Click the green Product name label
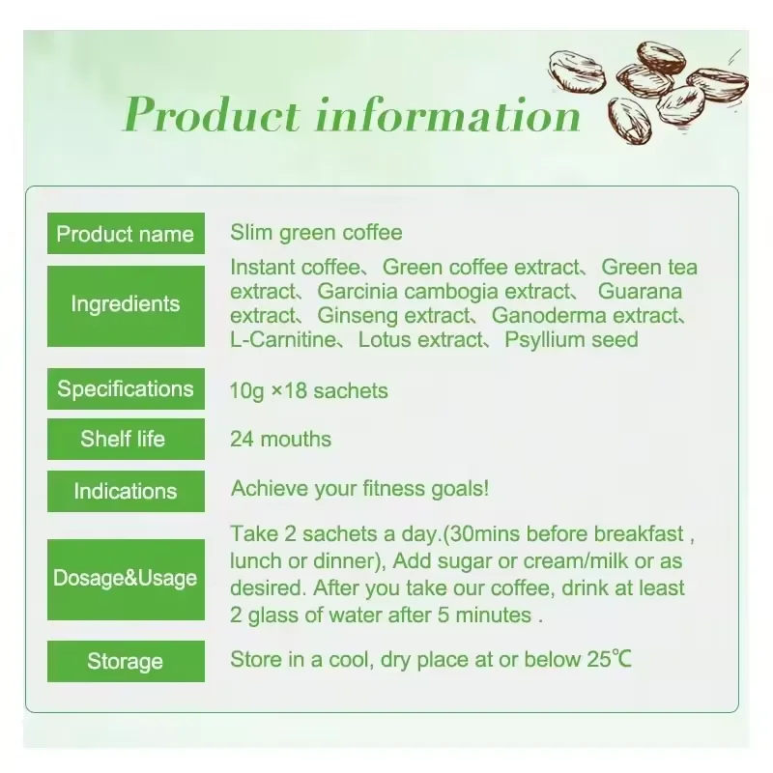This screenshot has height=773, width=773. click(x=126, y=234)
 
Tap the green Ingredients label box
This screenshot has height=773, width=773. click(x=126, y=304)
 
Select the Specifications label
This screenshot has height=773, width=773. click(x=126, y=389)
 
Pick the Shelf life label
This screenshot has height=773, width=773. click(x=126, y=440)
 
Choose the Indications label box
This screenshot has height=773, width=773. click(x=126, y=491)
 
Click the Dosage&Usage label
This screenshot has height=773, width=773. click(x=126, y=579)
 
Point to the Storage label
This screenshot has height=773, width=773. click(x=126, y=662)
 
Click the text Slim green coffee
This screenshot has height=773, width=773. click(x=316, y=233)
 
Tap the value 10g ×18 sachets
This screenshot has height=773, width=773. click(x=309, y=391)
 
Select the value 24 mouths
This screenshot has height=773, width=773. click(x=280, y=440)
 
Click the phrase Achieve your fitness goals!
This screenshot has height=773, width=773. click(x=359, y=489)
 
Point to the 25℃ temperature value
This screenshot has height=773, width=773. click(x=608, y=660)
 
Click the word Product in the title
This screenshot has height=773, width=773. click(x=212, y=116)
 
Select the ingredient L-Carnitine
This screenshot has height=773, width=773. click(x=282, y=340)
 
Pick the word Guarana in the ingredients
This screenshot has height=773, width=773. click(x=640, y=292)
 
